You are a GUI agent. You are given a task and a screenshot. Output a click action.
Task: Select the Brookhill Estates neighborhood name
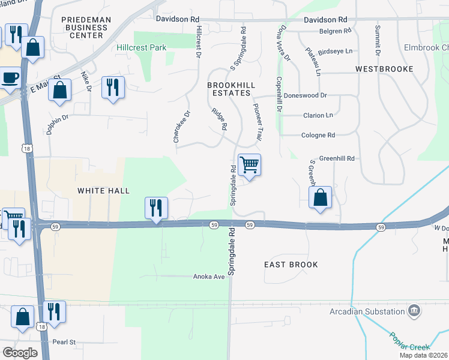point(229,89)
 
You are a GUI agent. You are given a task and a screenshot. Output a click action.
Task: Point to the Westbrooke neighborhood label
point(384,69)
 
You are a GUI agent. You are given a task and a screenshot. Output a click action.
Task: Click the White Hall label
point(103,190)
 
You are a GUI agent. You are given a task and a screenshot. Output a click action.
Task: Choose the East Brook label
point(291,265)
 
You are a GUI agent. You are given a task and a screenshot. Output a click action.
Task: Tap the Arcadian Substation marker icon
point(414,311)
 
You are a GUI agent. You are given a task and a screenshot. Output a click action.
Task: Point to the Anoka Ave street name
point(208,277)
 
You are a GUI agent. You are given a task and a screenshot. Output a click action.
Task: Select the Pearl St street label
point(64,342)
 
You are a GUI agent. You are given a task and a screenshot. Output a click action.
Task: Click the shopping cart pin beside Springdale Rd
point(249,164)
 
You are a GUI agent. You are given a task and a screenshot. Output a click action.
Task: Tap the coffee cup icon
point(10,77)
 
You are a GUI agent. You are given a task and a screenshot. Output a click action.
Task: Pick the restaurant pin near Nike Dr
point(113,87)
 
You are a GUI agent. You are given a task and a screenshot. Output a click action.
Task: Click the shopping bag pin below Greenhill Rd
point(321,197)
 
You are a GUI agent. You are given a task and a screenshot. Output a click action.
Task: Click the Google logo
point(20,353)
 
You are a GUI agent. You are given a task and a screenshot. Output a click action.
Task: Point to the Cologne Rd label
point(318,136)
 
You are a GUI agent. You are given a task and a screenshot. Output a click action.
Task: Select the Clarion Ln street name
point(317,115)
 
